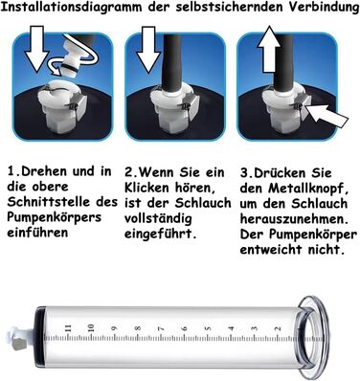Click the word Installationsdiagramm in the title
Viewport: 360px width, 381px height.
tap(71, 8)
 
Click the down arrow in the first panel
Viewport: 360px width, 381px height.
tap(37, 49)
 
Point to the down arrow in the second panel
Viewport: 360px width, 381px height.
tap(148, 50)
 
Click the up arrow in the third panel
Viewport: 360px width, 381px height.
tap(269, 49)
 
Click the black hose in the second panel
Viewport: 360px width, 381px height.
tap(172, 61)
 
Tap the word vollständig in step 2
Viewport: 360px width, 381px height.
tap(158, 219)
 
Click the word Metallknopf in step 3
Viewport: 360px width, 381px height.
tap(307, 189)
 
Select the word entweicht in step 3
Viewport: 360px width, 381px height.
tap(272, 250)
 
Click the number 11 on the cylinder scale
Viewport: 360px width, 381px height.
tap(67, 328)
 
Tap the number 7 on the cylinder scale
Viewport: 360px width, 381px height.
tap(161, 328)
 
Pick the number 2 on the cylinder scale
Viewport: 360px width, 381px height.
tap(278, 329)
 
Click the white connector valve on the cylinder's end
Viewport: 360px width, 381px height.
tap(20, 339)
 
